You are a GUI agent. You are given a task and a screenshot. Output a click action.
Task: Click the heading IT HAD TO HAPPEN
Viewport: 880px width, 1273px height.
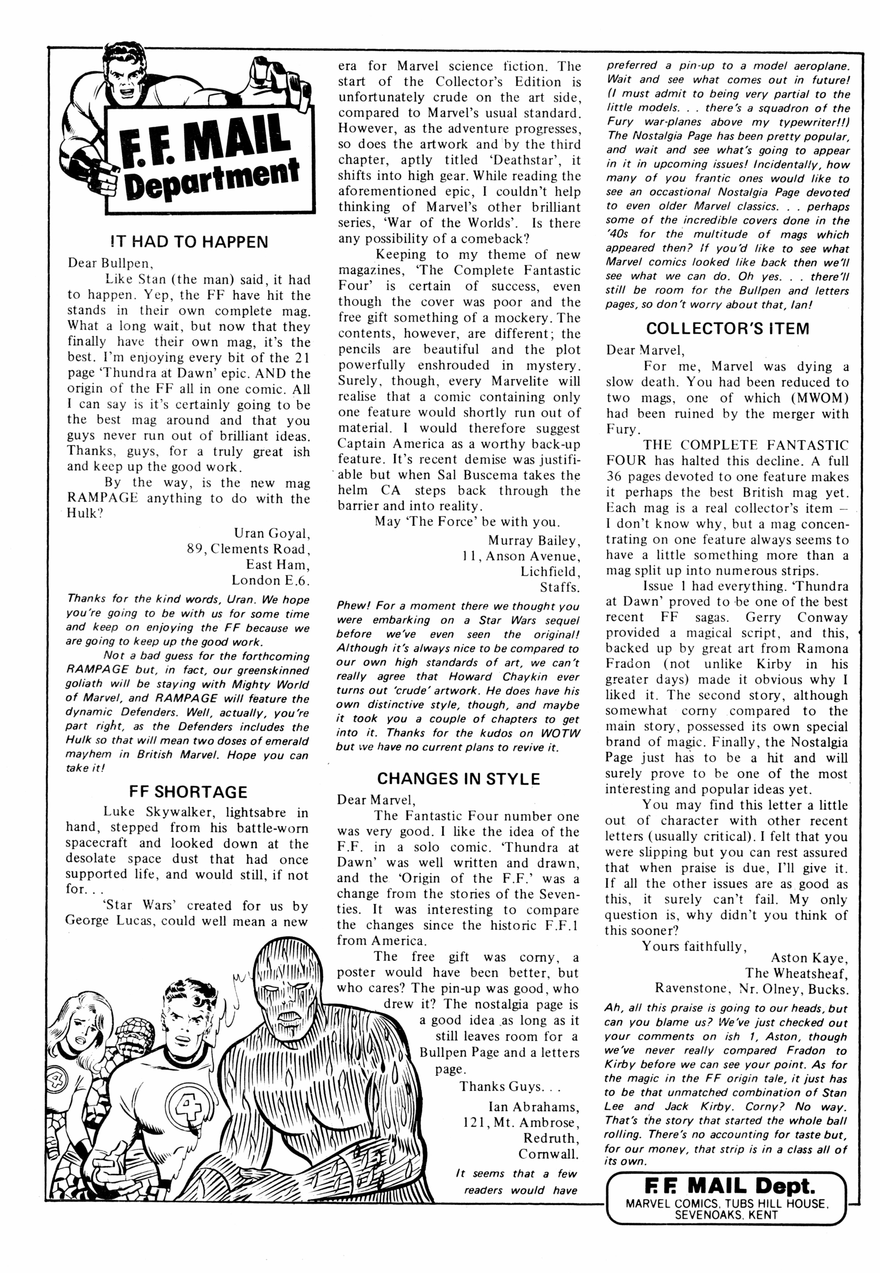point(189,242)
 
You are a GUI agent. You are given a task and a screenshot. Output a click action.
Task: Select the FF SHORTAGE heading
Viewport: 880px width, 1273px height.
point(188,792)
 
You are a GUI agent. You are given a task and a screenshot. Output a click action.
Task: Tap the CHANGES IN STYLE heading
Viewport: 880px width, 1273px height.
point(458,779)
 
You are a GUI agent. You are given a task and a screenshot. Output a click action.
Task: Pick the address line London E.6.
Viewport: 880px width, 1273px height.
point(271,580)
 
